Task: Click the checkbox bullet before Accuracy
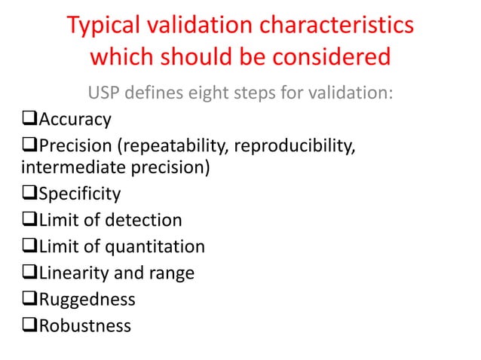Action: click(x=32, y=119)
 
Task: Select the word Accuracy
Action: click(x=75, y=119)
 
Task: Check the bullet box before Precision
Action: click(x=32, y=145)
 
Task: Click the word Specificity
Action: click(x=79, y=194)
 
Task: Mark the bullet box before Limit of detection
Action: click(x=32, y=221)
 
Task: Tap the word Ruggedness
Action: click(x=87, y=299)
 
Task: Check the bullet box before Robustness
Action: click(x=32, y=325)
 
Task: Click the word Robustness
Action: click(x=84, y=325)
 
